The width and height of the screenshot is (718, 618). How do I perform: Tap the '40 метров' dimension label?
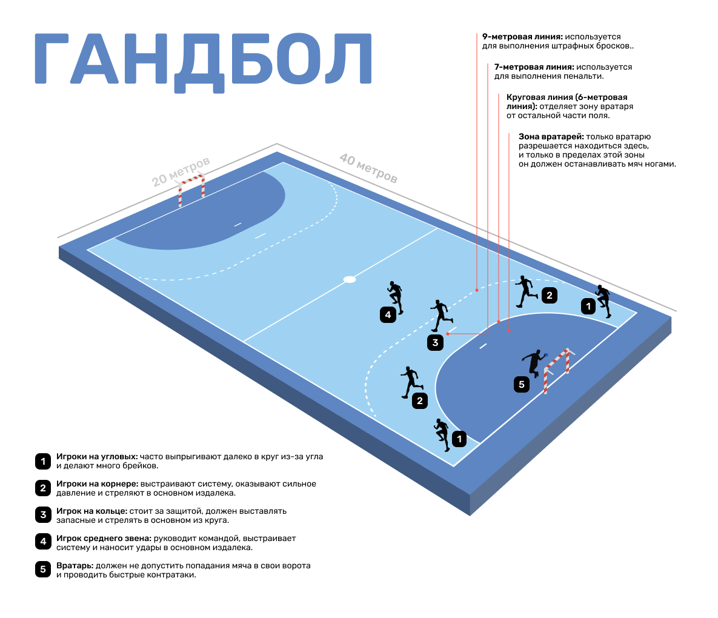point(368,168)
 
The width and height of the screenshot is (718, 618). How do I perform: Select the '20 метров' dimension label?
point(180,171)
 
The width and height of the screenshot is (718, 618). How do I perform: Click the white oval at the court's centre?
point(350,279)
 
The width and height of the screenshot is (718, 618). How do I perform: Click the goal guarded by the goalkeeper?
point(557,368)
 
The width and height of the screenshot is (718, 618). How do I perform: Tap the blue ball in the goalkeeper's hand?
point(545,355)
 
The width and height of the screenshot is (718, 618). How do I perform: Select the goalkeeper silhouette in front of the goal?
point(534,364)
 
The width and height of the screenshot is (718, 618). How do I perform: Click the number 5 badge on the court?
point(522,384)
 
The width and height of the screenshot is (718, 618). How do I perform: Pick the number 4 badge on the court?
point(388,314)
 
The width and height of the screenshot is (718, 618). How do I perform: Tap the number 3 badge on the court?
point(435,342)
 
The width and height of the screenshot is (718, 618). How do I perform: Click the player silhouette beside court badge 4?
point(396,297)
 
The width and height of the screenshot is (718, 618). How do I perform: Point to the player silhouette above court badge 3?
point(440,315)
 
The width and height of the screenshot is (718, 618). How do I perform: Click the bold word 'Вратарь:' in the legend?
point(75,565)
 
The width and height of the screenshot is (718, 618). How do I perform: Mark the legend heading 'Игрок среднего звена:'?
point(104,538)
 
